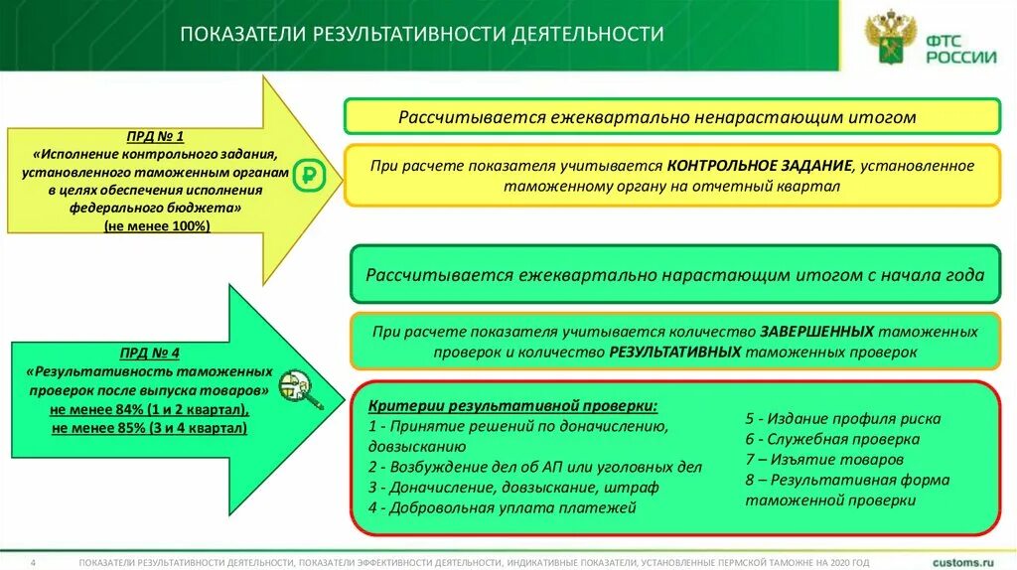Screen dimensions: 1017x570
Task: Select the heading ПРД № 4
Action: point(148,353)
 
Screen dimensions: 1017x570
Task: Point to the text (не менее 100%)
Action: point(156,227)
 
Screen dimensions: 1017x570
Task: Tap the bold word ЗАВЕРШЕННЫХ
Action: point(817,332)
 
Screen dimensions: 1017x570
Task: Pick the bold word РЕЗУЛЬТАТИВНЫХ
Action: point(675,352)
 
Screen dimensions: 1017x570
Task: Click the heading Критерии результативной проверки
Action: point(512,407)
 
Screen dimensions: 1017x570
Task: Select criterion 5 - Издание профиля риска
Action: point(843,419)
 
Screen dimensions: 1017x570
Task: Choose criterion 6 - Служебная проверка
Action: point(832,439)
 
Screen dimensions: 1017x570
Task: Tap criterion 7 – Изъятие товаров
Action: point(824,460)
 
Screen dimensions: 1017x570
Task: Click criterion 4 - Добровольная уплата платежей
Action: point(502,507)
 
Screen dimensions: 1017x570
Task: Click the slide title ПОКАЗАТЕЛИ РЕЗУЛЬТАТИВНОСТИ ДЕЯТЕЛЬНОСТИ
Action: point(421,35)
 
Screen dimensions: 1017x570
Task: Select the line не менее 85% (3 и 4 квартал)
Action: point(148,428)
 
